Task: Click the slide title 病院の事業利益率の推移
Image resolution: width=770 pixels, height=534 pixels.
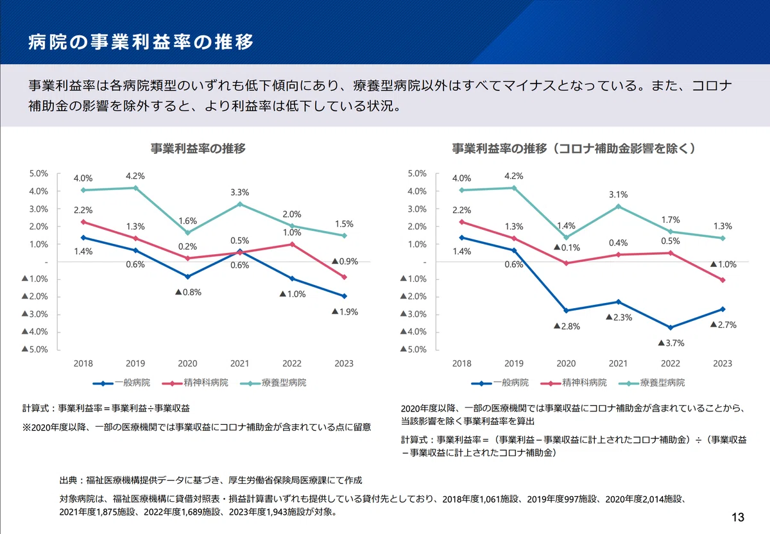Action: [141, 42]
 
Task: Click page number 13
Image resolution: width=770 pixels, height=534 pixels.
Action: [738, 517]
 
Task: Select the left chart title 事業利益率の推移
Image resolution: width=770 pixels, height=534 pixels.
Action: [198, 148]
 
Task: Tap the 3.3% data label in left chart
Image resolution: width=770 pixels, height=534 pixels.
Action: [239, 192]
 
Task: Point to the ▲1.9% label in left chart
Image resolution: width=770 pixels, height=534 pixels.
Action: [345, 312]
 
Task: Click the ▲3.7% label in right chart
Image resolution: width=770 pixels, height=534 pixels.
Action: [671, 343]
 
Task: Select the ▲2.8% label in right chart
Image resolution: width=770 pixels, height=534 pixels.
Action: [567, 326]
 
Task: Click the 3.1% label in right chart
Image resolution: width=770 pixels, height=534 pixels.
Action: [619, 194]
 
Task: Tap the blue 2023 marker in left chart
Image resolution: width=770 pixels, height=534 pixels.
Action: [344, 296]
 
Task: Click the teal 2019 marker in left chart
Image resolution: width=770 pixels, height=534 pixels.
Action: [135, 188]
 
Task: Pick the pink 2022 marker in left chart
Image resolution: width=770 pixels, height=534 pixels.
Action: [292, 245]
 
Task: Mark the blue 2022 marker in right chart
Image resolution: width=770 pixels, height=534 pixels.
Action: [671, 328]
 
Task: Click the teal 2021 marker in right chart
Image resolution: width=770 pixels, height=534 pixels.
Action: [619, 207]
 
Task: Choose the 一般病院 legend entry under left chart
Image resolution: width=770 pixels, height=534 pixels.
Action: [121, 383]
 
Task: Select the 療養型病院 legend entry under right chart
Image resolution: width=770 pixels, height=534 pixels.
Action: [651, 383]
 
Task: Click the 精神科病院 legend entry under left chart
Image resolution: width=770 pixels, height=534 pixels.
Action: [195, 383]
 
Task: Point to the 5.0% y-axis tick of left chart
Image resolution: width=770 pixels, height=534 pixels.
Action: [38, 174]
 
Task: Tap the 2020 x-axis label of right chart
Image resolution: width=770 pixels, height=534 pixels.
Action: [566, 363]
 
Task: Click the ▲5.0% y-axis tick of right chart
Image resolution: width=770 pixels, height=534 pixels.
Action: [413, 349]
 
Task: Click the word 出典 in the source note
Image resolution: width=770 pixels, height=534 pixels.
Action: [68, 480]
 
